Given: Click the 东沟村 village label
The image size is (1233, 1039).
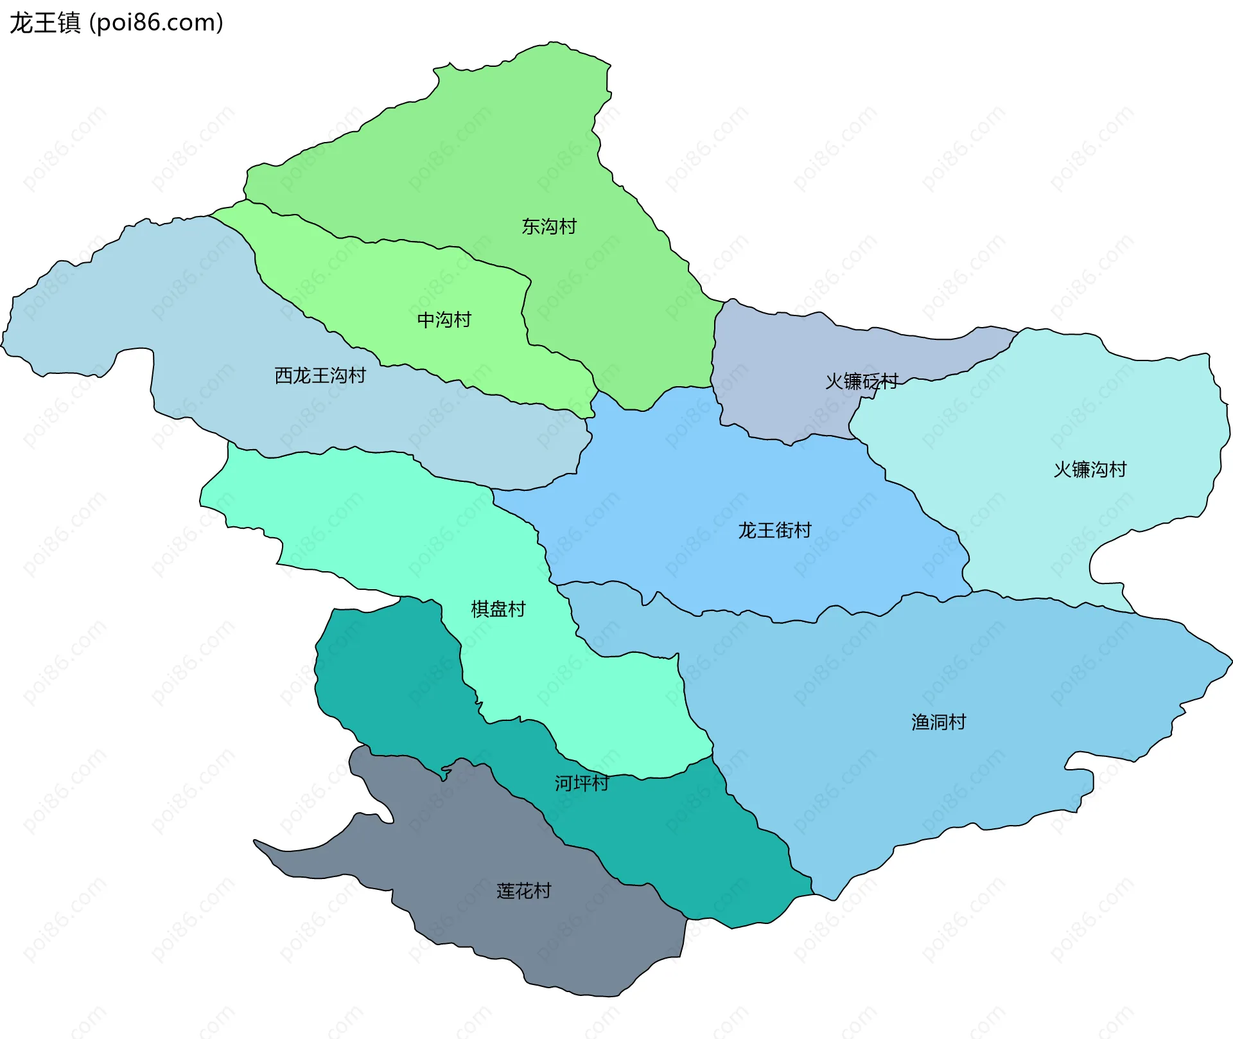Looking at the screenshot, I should click(549, 226).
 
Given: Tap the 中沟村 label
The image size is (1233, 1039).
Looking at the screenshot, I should click(444, 319).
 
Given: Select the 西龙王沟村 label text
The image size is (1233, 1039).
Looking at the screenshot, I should click(320, 375).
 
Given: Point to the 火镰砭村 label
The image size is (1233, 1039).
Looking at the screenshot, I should click(861, 382).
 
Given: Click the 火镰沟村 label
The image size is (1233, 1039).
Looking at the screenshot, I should click(1090, 470).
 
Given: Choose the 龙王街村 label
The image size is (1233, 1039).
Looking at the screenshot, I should click(774, 530).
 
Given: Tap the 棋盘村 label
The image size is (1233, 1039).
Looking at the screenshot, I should click(498, 609).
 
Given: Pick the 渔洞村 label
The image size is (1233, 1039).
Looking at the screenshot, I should click(939, 722).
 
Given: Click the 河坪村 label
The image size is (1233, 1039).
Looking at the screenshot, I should click(582, 783).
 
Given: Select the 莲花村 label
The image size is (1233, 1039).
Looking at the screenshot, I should click(524, 891).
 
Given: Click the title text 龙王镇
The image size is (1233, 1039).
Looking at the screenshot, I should click(45, 23).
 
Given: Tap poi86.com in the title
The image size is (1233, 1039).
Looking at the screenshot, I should click(156, 23).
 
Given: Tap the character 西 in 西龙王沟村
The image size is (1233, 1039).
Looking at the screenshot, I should click(284, 375).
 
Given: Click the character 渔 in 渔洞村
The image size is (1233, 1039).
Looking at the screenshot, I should click(921, 722).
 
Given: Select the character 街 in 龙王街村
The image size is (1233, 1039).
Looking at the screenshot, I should click(784, 530).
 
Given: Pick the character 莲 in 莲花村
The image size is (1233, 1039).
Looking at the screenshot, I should click(506, 891).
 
